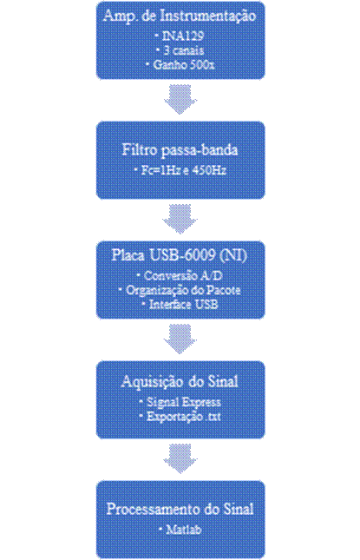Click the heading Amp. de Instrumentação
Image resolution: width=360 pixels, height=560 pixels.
180,16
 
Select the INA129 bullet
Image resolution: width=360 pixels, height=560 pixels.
180,36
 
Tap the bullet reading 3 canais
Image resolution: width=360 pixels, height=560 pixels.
180,50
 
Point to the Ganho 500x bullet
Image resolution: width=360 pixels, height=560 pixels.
180,64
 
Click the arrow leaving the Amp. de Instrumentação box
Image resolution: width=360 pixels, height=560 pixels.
180,99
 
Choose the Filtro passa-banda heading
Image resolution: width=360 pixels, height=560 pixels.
180,150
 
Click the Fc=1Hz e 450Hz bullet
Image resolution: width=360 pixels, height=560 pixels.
180,170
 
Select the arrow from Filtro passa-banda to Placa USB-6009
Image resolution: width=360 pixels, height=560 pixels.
180,219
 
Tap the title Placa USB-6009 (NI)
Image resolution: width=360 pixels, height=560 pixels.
180,255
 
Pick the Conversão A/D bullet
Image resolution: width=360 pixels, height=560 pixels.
180,275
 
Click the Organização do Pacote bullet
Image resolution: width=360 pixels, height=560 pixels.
180,290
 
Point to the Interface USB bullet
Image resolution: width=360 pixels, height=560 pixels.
180,304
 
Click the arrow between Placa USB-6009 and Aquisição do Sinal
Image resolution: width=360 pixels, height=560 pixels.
180,339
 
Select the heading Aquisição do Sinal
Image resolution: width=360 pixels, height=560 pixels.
180,382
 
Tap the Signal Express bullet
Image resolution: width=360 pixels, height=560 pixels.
180,402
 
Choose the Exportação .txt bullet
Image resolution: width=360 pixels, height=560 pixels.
180,417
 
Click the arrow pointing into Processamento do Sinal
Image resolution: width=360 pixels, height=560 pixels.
180,458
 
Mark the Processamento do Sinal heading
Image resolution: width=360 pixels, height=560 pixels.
180,509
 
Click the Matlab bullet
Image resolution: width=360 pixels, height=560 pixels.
180,530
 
